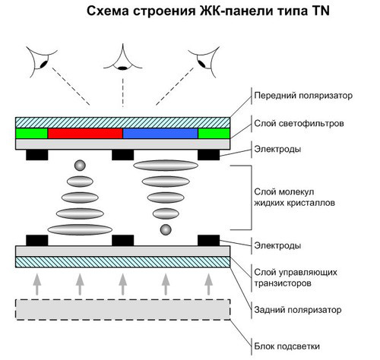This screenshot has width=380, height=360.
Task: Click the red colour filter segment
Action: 85,133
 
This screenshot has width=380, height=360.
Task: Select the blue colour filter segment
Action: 160,133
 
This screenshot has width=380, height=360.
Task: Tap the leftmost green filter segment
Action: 31,133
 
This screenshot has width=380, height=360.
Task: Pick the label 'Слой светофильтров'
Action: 293,122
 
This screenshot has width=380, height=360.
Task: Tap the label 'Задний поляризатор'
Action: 292,310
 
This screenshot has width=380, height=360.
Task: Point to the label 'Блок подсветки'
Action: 284,344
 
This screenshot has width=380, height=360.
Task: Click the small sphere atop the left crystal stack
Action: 79,166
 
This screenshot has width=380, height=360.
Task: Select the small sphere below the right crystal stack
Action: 164,229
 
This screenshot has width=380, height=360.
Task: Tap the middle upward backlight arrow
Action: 122,284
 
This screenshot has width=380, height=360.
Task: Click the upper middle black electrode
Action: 122,155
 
